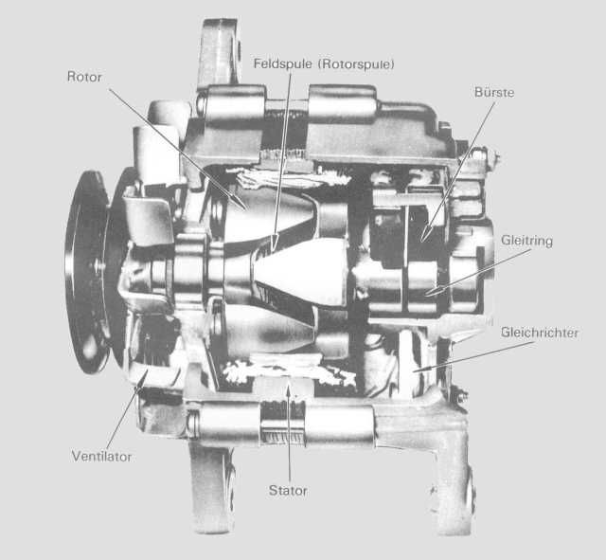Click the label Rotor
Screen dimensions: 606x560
click(x=84, y=77)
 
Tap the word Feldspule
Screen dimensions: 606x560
click(x=282, y=63)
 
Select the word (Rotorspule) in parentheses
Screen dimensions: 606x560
click(x=356, y=64)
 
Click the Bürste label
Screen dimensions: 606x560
click(x=494, y=92)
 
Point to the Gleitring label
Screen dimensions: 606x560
click(x=526, y=241)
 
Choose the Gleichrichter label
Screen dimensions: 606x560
click(x=540, y=333)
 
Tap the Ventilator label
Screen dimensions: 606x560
click(x=101, y=457)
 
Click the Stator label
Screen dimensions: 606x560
click(x=288, y=491)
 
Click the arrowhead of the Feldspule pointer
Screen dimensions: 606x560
click(x=274, y=243)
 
